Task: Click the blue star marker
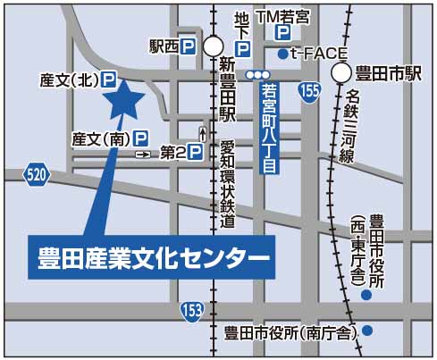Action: (x=124, y=99)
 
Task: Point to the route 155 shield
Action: (x=309, y=92)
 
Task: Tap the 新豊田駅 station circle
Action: (x=214, y=46)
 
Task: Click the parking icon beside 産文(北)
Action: (x=108, y=80)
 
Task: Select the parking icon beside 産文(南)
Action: (x=140, y=138)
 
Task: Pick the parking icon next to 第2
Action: (x=196, y=154)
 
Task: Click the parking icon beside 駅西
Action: (x=189, y=46)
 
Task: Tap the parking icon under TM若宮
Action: (x=282, y=33)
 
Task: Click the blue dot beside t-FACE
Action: (x=282, y=54)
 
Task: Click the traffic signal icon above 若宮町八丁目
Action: (x=258, y=74)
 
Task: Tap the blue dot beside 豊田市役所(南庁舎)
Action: (x=367, y=331)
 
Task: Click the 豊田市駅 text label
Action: (x=389, y=74)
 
